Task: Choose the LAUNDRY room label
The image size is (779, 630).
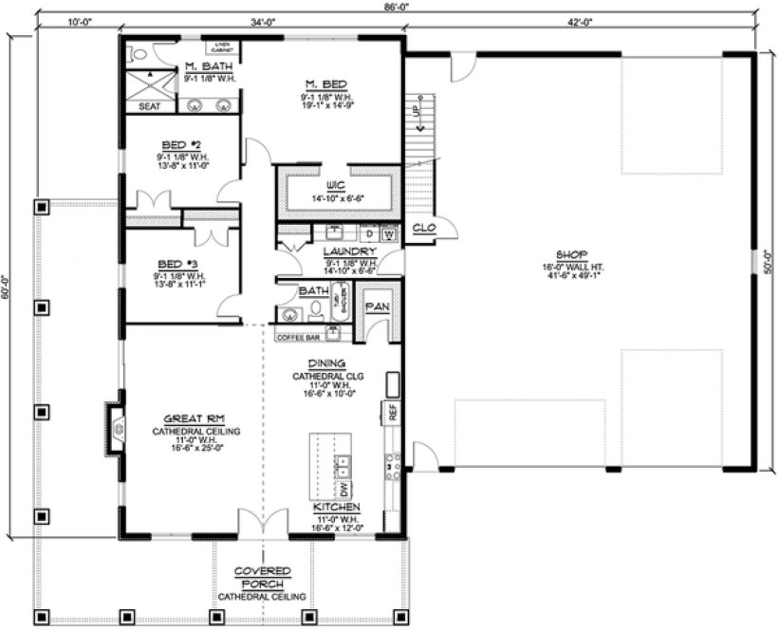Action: [337, 251]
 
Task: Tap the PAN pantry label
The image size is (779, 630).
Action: [377, 306]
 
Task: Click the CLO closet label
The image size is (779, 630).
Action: [424, 228]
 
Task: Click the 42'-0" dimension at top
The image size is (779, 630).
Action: [582, 20]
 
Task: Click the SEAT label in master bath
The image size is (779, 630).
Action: [150, 106]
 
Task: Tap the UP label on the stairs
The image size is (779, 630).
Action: [416, 110]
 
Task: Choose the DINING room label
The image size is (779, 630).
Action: [325, 363]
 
